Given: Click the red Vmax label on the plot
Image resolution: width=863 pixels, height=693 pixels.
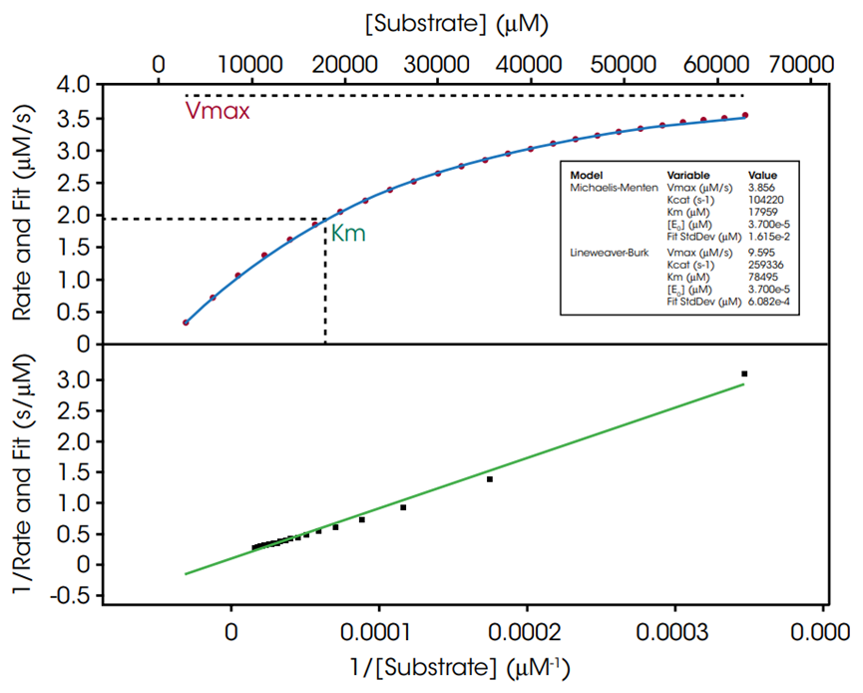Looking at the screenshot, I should (216, 111).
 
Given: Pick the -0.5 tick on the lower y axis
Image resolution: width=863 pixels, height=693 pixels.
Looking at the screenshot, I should (70, 595).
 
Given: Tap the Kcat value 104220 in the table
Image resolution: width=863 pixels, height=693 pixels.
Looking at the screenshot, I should (766, 199).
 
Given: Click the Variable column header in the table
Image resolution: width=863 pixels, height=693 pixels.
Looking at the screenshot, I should (689, 174).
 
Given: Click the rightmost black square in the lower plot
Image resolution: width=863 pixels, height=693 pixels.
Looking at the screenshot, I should (744, 373).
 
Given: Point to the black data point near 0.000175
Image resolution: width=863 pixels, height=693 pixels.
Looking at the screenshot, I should (490, 479).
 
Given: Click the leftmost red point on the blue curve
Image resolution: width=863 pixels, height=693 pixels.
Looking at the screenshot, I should (186, 323).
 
